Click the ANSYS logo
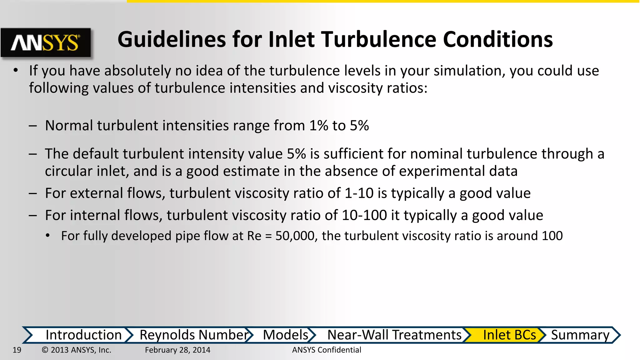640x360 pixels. pyautogui.click(x=46, y=43)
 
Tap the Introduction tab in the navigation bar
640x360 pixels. pyautogui.click(x=83, y=335)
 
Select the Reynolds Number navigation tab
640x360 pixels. pyautogui.click(x=194, y=335)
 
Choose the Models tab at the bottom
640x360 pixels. pyautogui.click(x=286, y=335)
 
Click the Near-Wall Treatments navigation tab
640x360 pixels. pyautogui.click(x=394, y=335)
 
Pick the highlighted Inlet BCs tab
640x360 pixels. pyautogui.click(x=509, y=335)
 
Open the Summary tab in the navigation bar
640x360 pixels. pyautogui.click(x=580, y=335)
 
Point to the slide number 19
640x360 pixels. pyautogui.click(x=17, y=350)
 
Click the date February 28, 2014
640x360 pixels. pyautogui.click(x=177, y=350)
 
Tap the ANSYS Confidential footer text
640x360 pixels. pyautogui.click(x=327, y=350)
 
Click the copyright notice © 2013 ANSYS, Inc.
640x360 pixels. pyautogui.click(x=77, y=350)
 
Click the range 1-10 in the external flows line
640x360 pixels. pyautogui.click(x=359, y=193)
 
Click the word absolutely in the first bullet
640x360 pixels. pyautogui.click(x=137, y=71)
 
